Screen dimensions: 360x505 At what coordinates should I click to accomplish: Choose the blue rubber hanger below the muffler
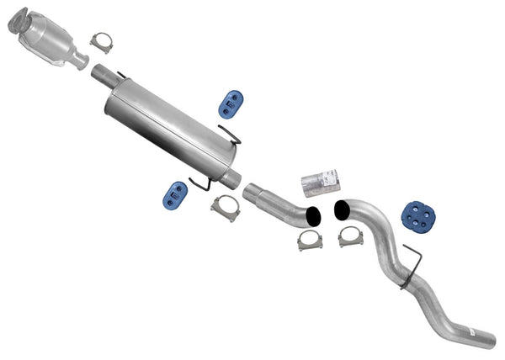pyautogui.click(x=174, y=196)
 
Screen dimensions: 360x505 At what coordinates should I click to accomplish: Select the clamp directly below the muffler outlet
pyautogui.click(x=225, y=206)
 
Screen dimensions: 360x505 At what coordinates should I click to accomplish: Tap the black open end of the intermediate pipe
pyautogui.click(x=313, y=215)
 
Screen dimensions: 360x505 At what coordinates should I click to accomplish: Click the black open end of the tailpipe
pyautogui.click(x=343, y=209)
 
